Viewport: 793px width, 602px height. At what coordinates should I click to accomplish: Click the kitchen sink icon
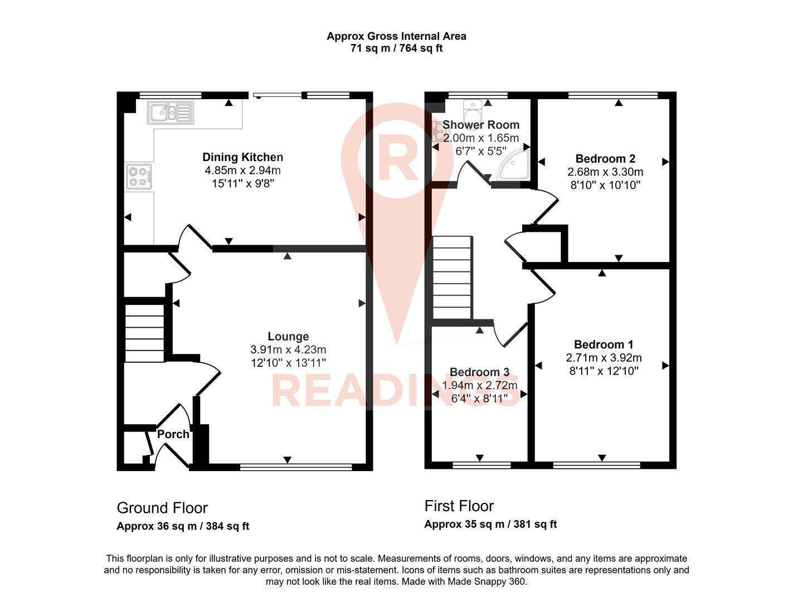click(171, 113)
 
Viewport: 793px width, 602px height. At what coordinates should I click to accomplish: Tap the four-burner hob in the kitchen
click(139, 177)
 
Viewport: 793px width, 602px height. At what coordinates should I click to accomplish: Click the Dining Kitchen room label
click(242, 157)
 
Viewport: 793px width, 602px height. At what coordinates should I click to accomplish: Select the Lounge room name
click(288, 336)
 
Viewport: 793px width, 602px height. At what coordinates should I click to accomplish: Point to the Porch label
click(173, 434)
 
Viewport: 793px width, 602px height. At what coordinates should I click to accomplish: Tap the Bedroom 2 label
click(605, 159)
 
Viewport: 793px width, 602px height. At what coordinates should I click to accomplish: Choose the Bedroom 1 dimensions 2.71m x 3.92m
click(604, 358)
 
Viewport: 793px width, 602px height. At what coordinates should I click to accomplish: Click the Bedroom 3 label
click(479, 372)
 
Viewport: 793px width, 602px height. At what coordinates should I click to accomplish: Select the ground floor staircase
click(144, 333)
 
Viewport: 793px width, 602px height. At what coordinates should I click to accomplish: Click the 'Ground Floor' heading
click(162, 508)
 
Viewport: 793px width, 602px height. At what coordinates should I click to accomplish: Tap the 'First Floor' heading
click(459, 506)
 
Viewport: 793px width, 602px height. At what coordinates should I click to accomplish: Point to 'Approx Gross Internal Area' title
click(396, 36)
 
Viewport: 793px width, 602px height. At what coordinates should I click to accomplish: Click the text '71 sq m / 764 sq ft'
click(396, 48)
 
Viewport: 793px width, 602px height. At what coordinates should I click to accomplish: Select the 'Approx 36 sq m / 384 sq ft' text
click(183, 526)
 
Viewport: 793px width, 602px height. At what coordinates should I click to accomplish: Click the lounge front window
click(296, 467)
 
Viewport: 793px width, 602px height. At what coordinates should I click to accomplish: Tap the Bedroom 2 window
click(613, 95)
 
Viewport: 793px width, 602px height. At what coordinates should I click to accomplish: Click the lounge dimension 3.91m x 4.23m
click(288, 349)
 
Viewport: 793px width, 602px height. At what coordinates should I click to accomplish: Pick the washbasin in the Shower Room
click(473, 104)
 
